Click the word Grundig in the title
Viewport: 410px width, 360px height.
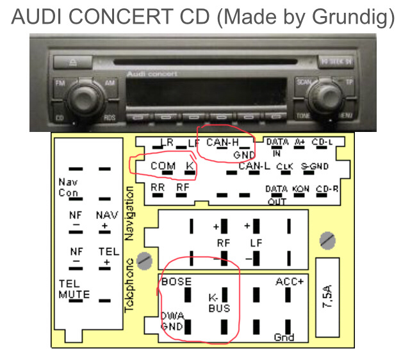point(348,17)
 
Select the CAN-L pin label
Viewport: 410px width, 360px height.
point(254,167)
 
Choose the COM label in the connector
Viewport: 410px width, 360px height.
point(163,166)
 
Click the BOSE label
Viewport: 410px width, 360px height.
point(176,281)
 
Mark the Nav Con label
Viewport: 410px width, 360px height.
point(68,188)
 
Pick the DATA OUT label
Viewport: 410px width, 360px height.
point(276,195)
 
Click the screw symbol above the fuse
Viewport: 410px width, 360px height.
point(327,241)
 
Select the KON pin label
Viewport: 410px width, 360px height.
point(300,189)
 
